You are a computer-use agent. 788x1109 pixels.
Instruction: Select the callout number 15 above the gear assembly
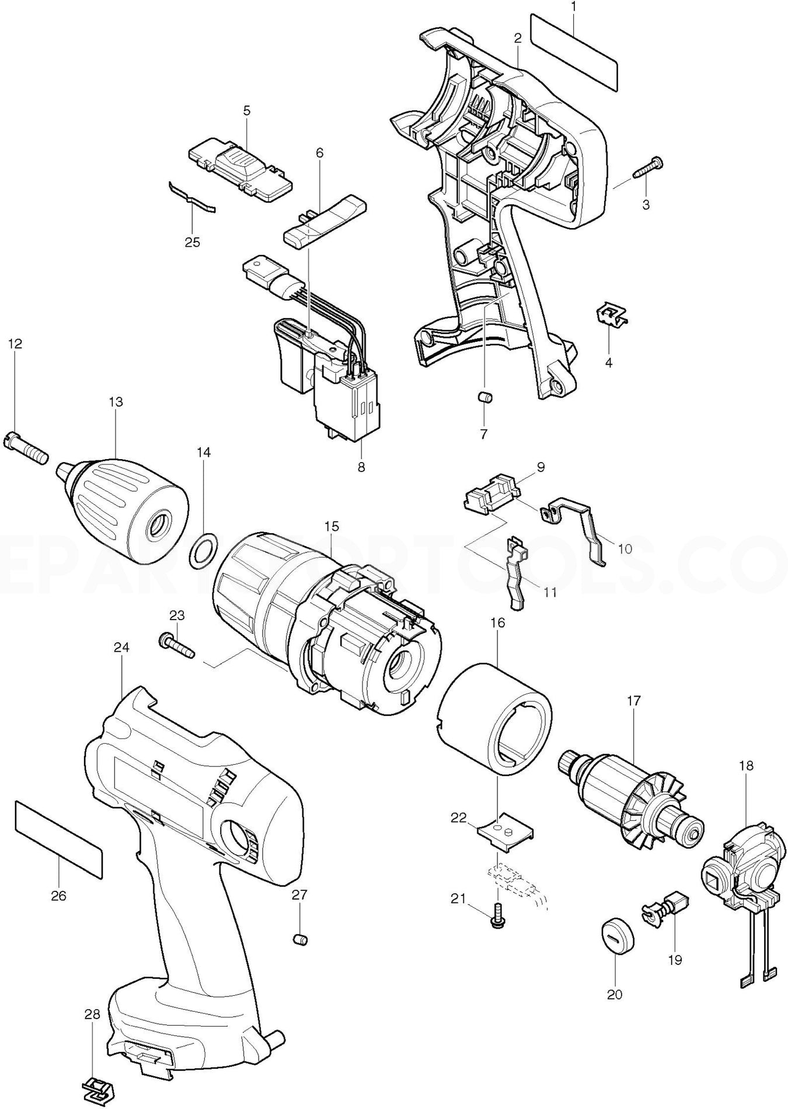(x=331, y=527)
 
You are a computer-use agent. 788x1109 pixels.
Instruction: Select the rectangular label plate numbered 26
(x=59, y=839)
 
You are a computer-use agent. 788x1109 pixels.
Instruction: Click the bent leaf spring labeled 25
(x=191, y=198)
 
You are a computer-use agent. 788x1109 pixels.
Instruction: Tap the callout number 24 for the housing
(x=122, y=648)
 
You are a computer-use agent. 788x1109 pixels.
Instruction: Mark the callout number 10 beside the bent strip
(x=624, y=549)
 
